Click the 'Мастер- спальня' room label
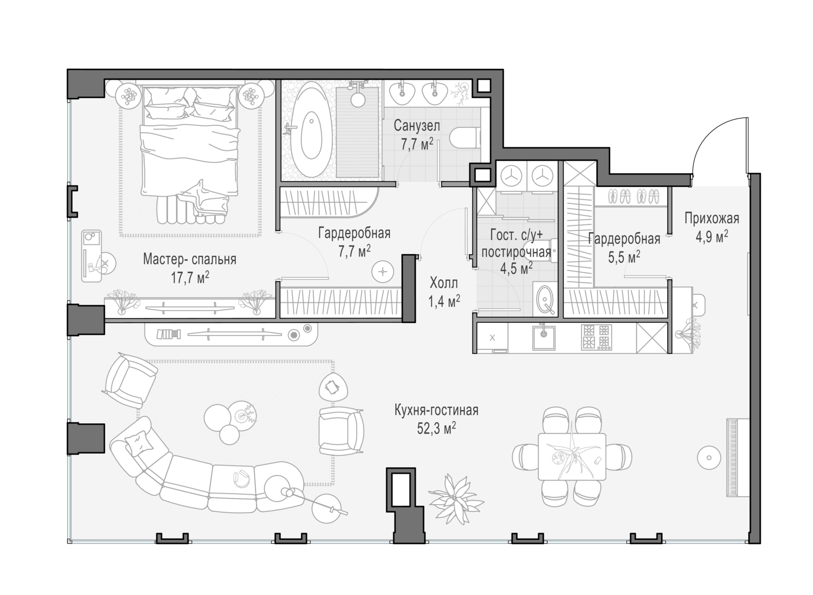[190, 260]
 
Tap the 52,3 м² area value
[436, 429]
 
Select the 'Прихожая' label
[712, 219]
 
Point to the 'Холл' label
[443, 283]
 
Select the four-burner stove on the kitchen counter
[596, 337]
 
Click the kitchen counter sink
[544, 338]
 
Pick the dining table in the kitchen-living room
[572, 456]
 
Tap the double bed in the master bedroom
[190, 154]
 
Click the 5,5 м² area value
[624, 257]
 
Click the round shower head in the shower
[358, 100]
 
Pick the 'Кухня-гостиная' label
[437, 410]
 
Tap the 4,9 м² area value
[712, 237]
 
